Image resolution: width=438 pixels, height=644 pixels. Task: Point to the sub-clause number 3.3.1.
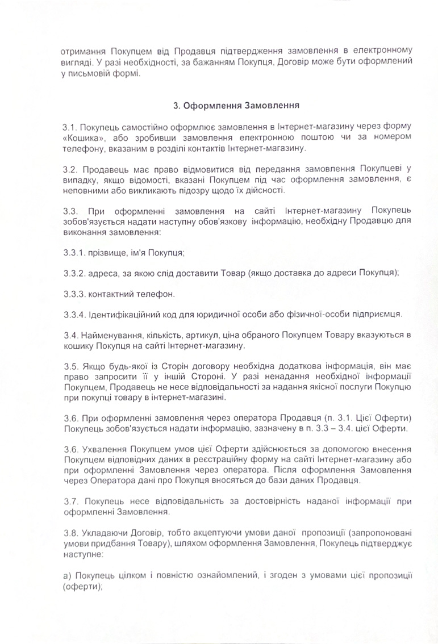[73, 252]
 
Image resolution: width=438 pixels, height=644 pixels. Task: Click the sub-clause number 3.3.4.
[74, 314]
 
